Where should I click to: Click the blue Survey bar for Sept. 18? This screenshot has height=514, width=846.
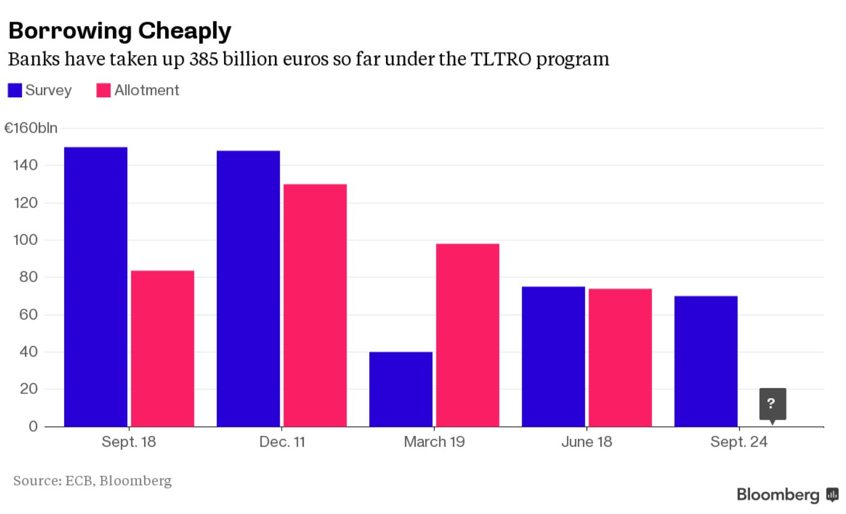point(95,286)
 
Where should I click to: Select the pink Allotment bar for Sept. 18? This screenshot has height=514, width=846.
point(163,348)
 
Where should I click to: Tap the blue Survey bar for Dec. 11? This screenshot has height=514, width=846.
point(248,288)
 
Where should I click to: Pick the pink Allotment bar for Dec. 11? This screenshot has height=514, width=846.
point(315,305)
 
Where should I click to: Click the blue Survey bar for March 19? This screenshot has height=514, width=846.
point(400,389)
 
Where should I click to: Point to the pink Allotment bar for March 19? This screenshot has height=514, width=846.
point(468,335)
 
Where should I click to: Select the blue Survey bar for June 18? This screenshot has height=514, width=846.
point(553,356)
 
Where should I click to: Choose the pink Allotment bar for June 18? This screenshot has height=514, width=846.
point(620,357)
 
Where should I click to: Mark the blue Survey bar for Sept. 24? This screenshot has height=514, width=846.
point(706,361)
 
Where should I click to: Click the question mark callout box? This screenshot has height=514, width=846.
point(772,404)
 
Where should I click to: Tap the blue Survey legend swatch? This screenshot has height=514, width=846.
point(15,90)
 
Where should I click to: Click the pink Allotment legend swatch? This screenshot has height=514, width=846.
point(103,90)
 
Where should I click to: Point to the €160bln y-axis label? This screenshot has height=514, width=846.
point(31,128)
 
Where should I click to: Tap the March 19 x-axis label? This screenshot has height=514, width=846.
point(434,442)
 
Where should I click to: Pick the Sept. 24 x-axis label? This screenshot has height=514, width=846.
point(739,442)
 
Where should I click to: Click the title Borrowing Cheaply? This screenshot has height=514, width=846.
point(119,31)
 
